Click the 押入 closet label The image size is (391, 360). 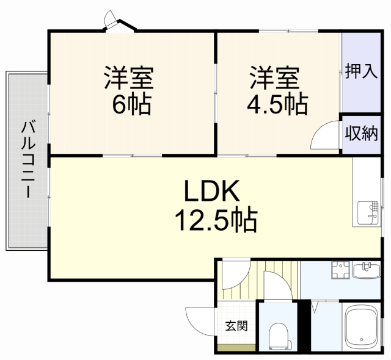point(360,72)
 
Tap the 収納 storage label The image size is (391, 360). point(361,133)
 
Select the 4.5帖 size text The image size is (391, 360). point(276,105)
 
